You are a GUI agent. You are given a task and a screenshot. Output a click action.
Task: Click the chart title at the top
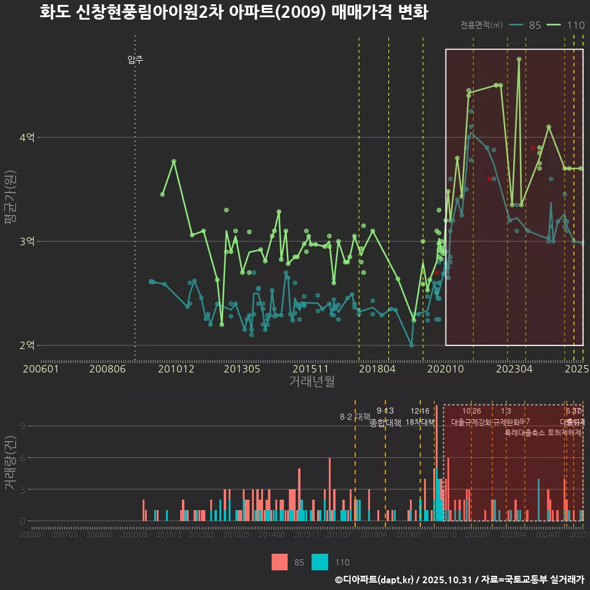(x=234, y=12)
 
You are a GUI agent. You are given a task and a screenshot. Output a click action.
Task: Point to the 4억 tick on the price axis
(x=26, y=138)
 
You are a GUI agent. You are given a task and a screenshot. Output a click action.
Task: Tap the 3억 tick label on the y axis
(x=26, y=242)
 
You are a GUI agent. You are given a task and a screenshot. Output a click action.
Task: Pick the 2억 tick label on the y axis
(x=26, y=345)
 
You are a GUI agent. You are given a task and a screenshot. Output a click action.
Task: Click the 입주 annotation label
(x=135, y=60)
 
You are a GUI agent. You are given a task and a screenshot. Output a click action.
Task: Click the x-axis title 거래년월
(x=312, y=382)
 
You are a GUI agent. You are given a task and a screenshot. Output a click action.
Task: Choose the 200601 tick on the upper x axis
(x=41, y=369)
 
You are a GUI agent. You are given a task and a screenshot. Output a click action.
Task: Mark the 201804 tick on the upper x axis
(x=377, y=369)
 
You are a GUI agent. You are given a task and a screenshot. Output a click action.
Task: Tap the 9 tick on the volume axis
(x=22, y=426)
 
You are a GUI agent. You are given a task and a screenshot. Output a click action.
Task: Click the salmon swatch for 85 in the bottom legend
(x=280, y=562)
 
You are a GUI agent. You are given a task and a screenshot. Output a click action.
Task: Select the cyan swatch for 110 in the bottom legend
(x=320, y=562)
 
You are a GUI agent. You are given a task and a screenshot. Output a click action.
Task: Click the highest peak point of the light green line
(x=519, y=60)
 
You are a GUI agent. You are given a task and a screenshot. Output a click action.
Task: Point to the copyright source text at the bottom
(x=458, y=580)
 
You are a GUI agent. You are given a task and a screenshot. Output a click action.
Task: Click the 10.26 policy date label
(x=471, y=411)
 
